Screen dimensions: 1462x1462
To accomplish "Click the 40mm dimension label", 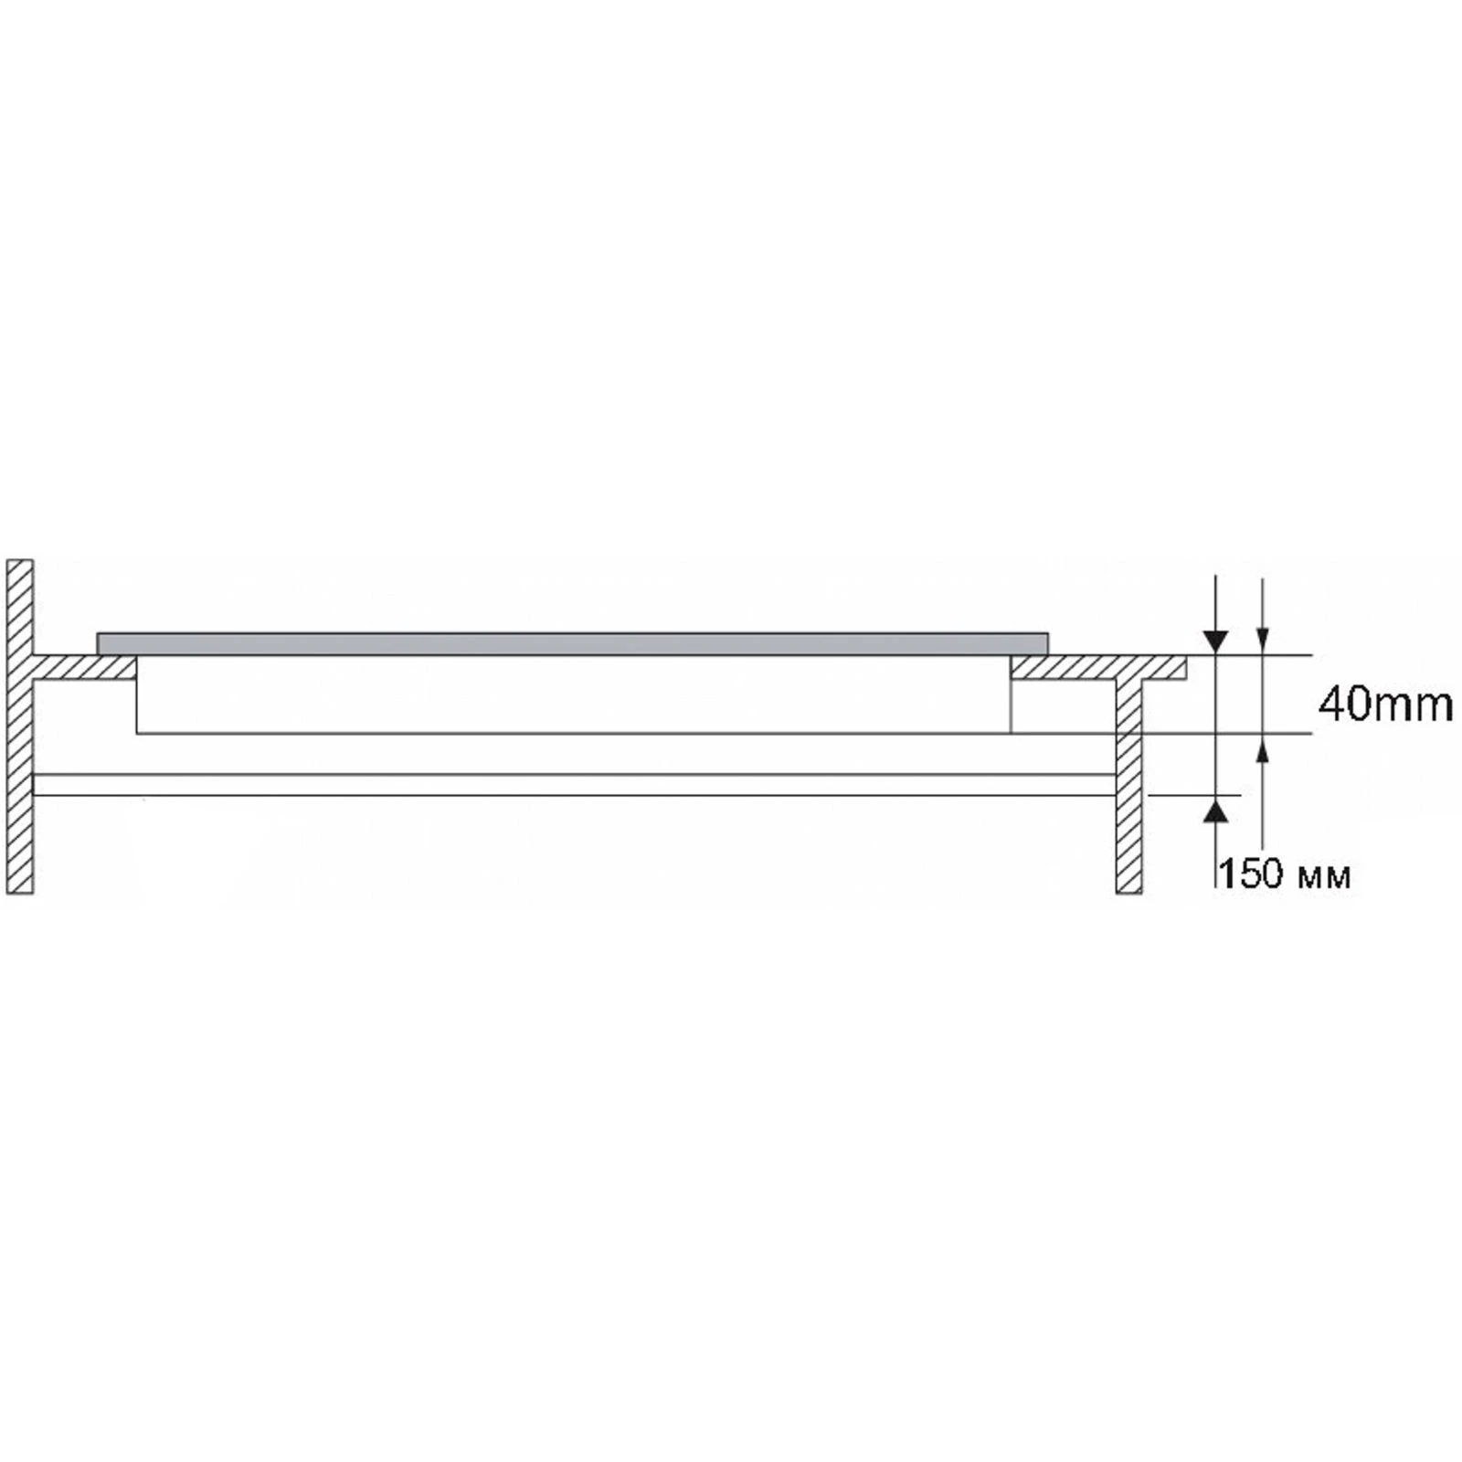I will point(1384,705).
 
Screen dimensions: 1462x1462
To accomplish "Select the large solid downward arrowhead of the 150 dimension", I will point(1215,641).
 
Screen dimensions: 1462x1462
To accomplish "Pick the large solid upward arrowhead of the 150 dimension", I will point(1215,809).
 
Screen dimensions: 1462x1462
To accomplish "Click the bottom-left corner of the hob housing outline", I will point(137,732).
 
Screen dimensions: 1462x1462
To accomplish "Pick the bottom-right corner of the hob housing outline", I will point(1011,732).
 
